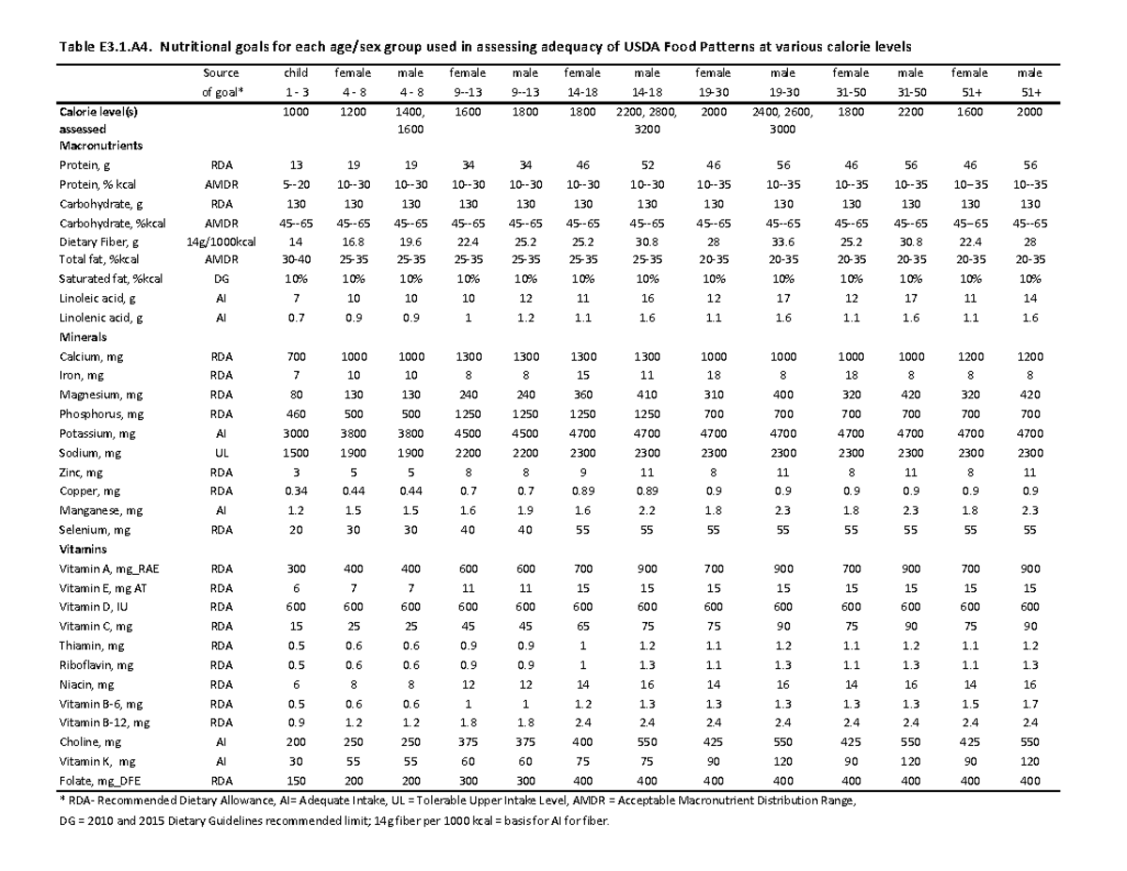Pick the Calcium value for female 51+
[x=970, y=356]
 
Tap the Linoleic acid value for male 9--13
[x=519, y=299]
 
